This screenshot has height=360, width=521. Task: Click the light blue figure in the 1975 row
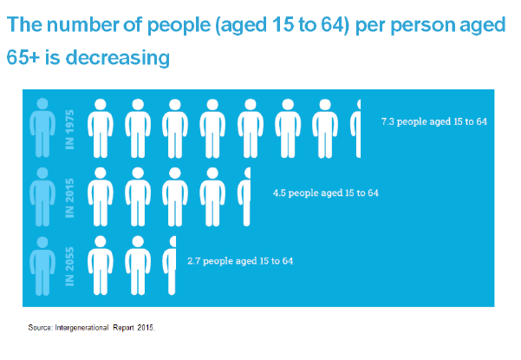click(x=41, y=128)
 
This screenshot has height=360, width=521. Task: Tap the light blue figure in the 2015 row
click(x=41, y=196)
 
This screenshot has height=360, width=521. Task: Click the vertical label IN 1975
click(x=71, y=128)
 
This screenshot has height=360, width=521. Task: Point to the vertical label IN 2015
click(x=71, y=196)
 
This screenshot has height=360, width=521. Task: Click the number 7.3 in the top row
click(x=388, y=121)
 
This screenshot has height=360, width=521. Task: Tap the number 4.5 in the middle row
click(x=280, y=192)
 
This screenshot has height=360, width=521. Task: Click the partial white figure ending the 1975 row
click(x=355, y=128)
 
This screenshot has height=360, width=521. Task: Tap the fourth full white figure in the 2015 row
click(x=212, y=196)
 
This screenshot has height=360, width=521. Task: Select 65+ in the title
click(x=25, y=59)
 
